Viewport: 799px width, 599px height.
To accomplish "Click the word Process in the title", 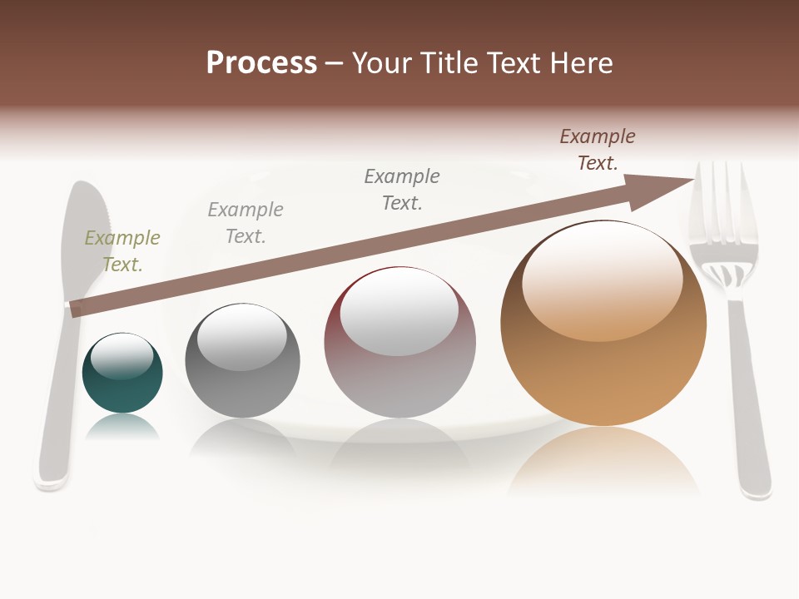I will (x=261, y=63).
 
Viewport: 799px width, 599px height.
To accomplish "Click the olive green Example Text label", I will (x=122, y=251).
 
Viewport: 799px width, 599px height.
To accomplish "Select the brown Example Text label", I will (x=598, y=150).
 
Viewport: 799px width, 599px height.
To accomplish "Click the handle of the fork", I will (x=749, y=399).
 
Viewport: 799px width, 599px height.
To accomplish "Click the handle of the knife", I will (x=55, y=408).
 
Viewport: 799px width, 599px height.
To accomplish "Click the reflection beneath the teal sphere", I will (x=123, y=428).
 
